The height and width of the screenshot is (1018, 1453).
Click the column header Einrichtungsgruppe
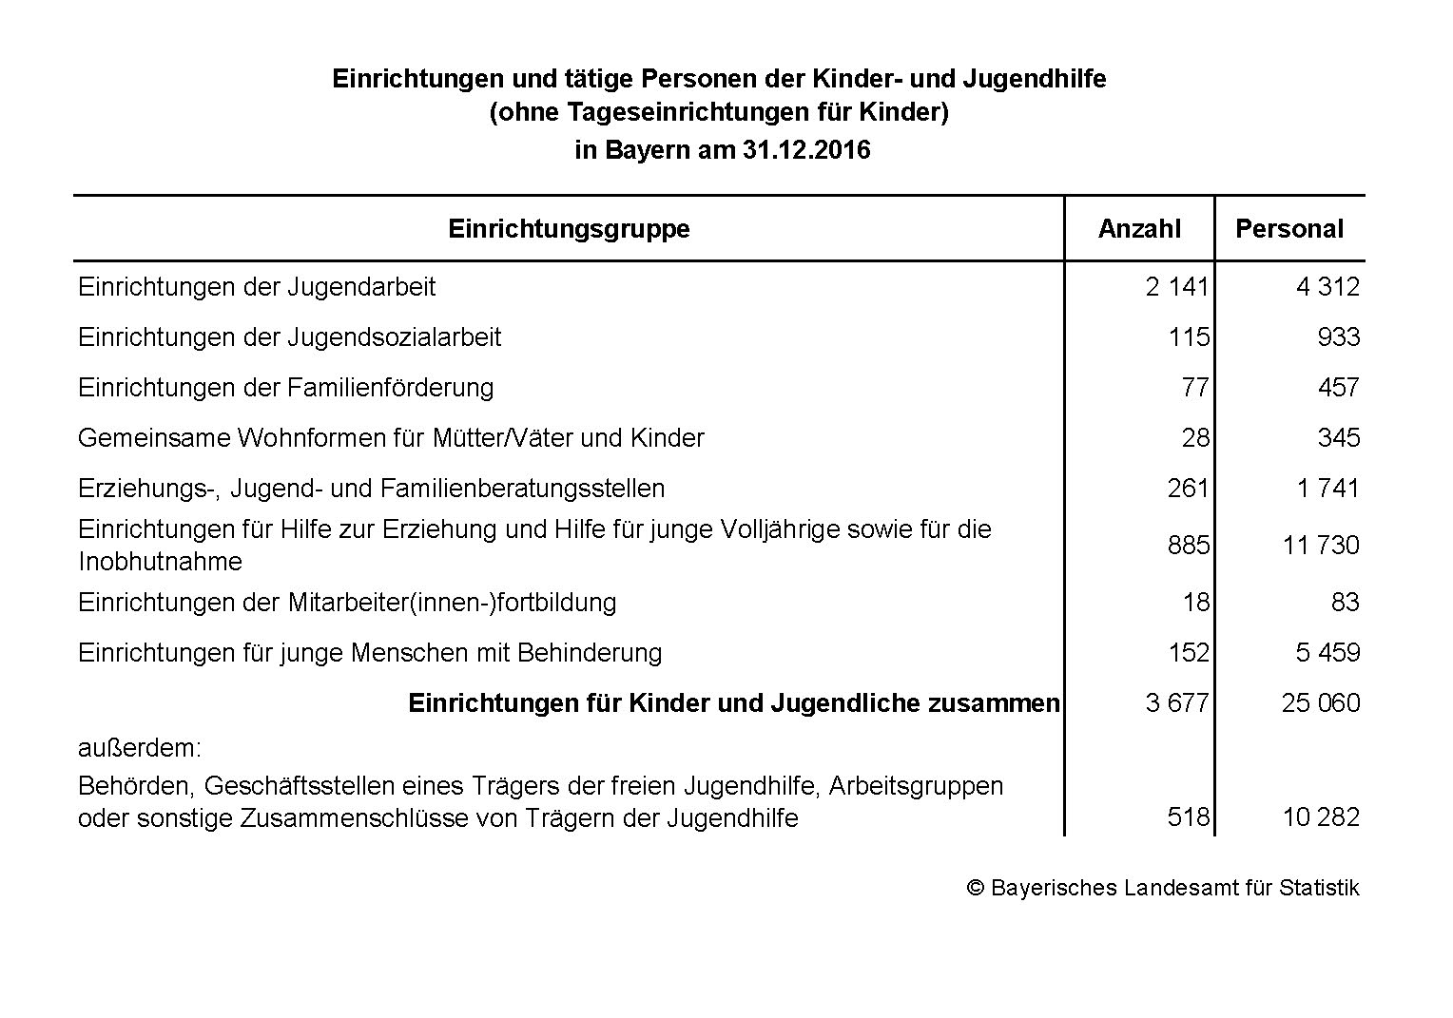click(569, 229)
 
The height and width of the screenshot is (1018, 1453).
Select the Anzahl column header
click(1139, 229)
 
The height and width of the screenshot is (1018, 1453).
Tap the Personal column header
click(1288, 229)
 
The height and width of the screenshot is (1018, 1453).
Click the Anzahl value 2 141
click(1177, 286)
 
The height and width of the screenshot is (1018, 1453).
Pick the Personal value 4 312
click(1327, 286)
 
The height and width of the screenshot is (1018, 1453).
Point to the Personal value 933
click(1339, 337)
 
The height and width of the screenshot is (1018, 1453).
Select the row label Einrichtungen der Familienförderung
click(286, 388)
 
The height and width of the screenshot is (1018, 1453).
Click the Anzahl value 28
click(1195, 438)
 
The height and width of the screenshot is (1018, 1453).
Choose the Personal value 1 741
click(1327, 489)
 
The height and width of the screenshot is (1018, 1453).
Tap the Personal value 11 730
click(1321, 546)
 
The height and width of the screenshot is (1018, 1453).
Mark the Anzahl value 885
click(1189, 546)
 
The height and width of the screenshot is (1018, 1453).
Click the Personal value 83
click(1346, 603)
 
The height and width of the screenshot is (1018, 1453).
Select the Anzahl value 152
click(1189, 653)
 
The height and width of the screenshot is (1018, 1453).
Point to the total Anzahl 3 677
click(1177, 703)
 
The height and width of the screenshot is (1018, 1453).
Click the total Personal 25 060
click(1321, 703)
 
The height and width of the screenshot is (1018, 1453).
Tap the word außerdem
click(140, 748)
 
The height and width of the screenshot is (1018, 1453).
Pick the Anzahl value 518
click(1189, 817)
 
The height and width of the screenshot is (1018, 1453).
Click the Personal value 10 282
click(1321, 817)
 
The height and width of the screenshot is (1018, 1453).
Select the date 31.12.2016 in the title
click(804, 150)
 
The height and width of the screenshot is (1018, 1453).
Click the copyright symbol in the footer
click(975, 888)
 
